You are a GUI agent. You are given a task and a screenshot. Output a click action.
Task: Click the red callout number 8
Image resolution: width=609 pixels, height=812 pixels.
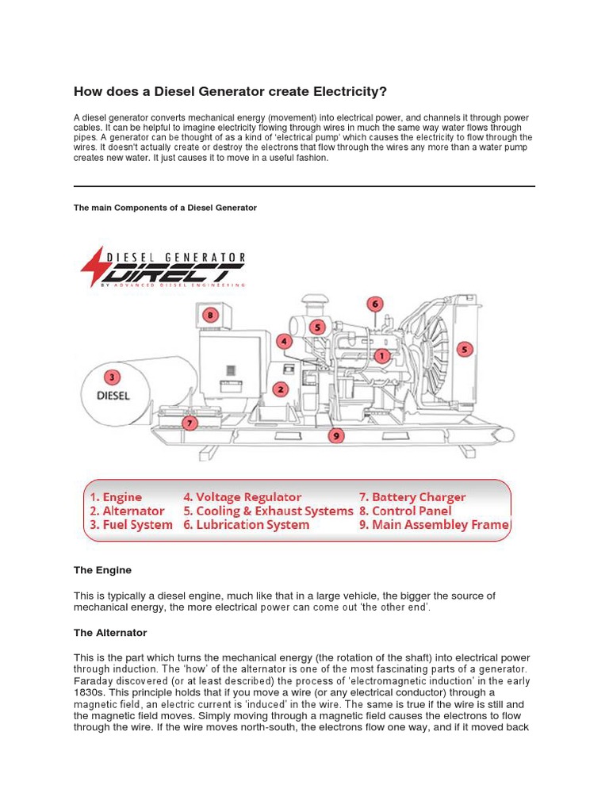[x=209, y=315]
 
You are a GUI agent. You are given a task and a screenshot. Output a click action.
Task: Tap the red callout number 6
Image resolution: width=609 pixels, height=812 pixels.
[x=375, y=304]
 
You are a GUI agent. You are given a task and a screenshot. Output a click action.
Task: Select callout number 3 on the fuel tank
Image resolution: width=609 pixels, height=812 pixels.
[x=113, y=377]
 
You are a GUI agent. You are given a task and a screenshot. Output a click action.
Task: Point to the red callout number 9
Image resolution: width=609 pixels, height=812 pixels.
[x=336, y=435]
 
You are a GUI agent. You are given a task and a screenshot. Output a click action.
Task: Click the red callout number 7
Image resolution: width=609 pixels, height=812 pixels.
[x=189, y=423]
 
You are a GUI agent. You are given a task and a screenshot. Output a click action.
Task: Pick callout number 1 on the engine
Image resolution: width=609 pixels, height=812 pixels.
[x=382, y=357]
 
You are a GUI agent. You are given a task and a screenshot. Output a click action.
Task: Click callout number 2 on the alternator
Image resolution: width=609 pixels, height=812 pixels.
[x=280, y=389]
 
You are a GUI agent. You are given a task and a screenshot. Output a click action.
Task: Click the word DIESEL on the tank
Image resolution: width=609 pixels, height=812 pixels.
[x=113, y=394]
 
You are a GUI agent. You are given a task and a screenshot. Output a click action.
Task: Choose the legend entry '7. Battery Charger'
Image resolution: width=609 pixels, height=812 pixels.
[x=412, y=497]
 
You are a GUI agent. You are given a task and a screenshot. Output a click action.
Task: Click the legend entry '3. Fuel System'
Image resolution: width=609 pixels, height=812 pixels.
[x=131, y=525]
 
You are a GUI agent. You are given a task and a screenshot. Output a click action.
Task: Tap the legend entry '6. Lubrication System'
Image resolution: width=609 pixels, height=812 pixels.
[x=246, y=525]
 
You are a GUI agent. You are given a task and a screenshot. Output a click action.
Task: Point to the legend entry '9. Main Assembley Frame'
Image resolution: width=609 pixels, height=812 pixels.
[x=435, y=525]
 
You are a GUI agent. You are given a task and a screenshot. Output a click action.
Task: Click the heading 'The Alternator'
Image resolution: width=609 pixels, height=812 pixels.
[x=110, y=633]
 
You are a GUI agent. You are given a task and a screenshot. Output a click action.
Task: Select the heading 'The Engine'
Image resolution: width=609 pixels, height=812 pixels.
[x=102, y=570]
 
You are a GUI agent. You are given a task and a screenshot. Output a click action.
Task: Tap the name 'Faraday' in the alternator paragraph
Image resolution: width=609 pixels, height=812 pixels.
[x=94, y=681]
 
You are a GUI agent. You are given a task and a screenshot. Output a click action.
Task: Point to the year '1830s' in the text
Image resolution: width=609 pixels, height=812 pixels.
[x=89, y=692]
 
